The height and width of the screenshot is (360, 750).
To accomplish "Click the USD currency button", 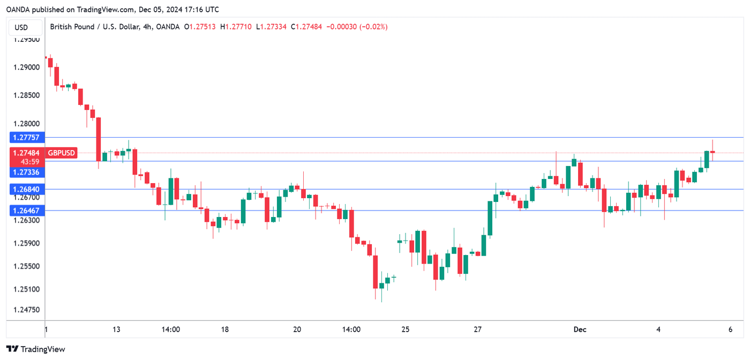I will (21, 27).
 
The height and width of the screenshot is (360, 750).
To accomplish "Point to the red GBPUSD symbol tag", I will (62, 153).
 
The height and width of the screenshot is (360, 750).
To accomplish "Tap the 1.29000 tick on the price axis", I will (26, 67).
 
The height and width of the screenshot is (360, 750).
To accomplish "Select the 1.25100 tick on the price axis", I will (26, 290).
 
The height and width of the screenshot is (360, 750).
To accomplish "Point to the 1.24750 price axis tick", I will (26, 310).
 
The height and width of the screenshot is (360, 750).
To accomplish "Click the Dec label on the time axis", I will (580, 329).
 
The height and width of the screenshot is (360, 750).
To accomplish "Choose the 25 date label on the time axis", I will (406, 329).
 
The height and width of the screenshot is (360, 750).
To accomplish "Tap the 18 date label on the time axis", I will (225, 329).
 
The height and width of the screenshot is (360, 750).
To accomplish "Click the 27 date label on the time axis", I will (478, 329).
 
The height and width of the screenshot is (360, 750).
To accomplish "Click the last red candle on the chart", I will (712, 152).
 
